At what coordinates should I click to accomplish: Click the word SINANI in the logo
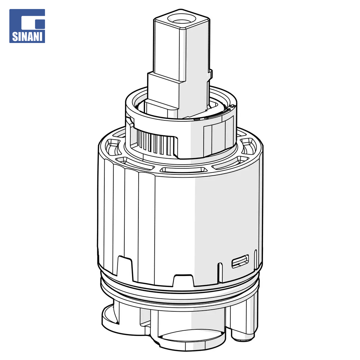27,37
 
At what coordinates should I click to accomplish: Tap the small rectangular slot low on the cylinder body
240,261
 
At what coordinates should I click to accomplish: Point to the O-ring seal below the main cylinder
180,295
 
